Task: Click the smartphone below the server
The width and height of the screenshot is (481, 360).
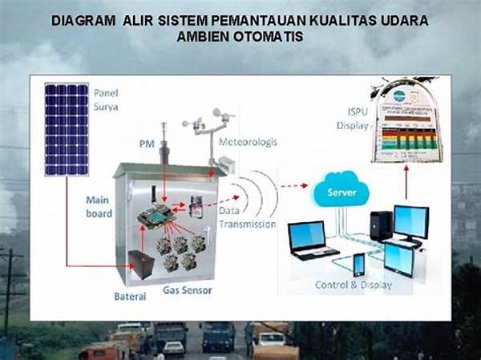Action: [x=358, y=264]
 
